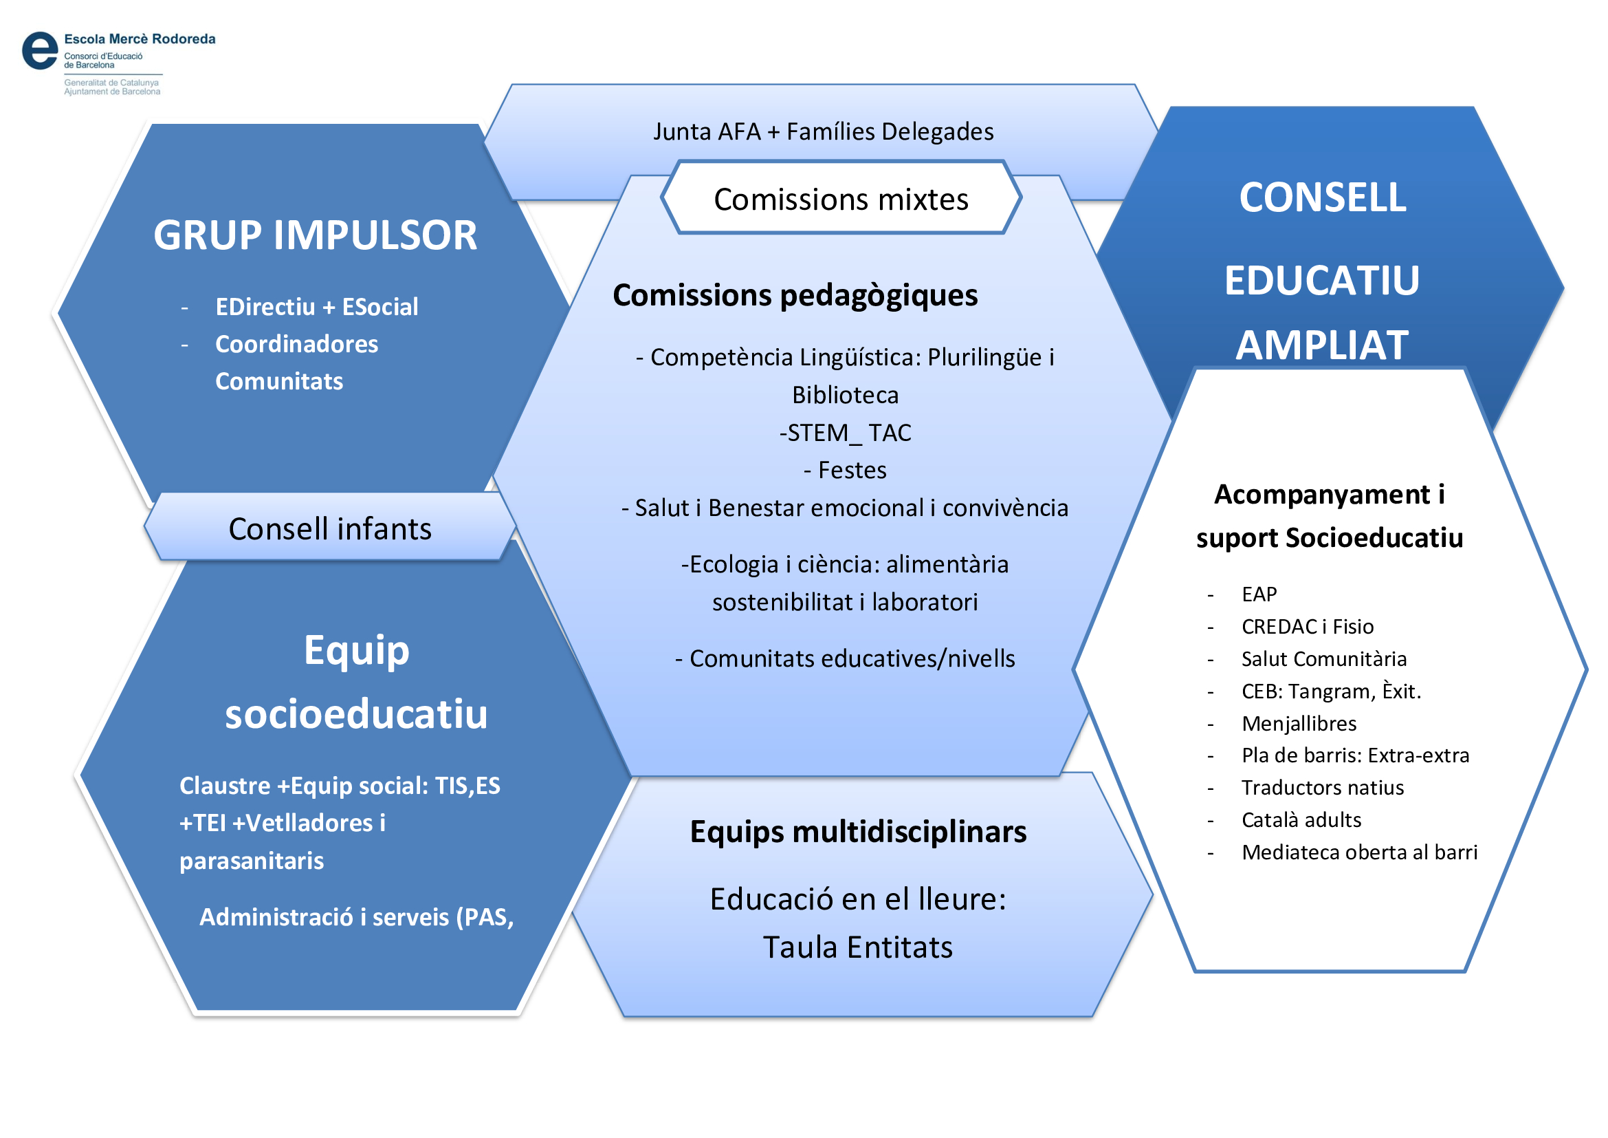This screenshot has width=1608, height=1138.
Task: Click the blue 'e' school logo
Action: [x=40, y=51]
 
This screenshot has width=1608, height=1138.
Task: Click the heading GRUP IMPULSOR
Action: [x=315, y=235]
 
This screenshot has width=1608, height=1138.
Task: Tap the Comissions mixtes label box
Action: [x=840, y=200]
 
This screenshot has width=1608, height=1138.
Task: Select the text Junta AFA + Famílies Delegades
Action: [x=823, y=131]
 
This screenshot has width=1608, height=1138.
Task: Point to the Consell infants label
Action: [x=330, y=529]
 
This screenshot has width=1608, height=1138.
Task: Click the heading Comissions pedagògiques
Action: [x=795, y=295]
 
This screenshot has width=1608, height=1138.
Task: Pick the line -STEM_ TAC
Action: [x=846, y=433]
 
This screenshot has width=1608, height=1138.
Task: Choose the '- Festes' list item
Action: [x=846, y=470]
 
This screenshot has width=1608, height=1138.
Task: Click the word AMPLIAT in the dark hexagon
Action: [x=1321, y=345]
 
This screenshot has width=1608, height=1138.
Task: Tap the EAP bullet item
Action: [x=1259, y=594]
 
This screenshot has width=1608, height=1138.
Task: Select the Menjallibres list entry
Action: [x=1299, y=723]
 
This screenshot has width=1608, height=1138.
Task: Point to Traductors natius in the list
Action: [x=1322, y=788]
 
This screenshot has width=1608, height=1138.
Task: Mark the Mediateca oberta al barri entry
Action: [x=1358, y=852]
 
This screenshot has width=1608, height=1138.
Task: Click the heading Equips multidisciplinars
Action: [x=858, y=832]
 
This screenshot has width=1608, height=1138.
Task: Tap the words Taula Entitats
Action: [x=857, y=947]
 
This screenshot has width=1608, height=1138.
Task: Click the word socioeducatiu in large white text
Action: [x=356, y=714]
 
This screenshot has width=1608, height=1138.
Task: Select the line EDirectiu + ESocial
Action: [x=316, y=307]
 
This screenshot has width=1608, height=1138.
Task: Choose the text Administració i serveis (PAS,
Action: [x=357, y=917]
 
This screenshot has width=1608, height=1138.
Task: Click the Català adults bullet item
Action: [x=1301, y=820]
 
